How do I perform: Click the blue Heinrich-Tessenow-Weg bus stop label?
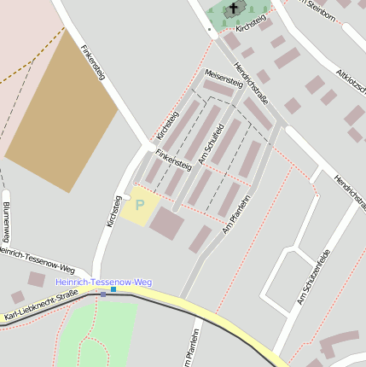[x=103, y=282]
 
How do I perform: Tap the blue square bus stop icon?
[x=113, y=289]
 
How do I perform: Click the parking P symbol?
[x=140, y=206]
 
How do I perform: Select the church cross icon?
[x=233, y=9]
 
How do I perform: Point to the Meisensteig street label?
[x=224, y=79]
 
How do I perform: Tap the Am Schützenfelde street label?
[x=312, y=278]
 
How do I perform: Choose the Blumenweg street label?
[x=6, y=223]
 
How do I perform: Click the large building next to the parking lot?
[x=166, y=224]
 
